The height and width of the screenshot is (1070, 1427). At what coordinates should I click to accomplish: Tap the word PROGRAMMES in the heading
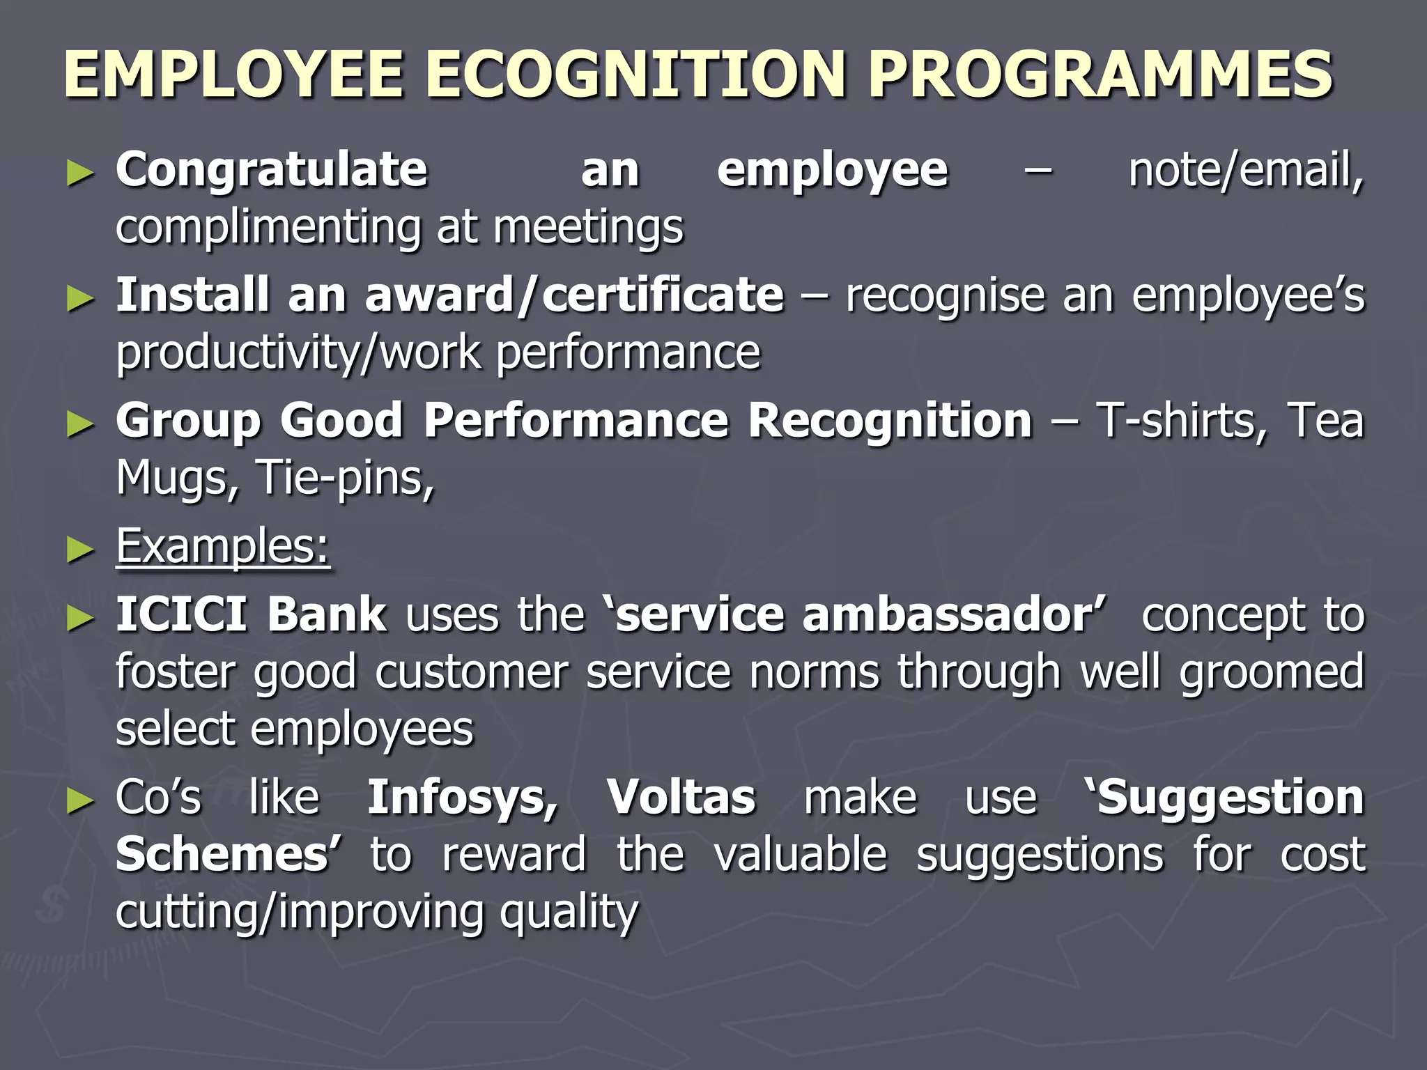point(1100,75)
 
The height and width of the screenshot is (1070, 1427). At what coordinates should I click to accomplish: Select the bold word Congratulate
point(271,171)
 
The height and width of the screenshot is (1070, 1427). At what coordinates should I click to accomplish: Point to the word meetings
point(588,228)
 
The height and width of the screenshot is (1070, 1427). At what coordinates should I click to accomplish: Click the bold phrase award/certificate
point(574,295)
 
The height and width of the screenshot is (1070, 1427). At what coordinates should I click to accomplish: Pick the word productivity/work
point(298,353)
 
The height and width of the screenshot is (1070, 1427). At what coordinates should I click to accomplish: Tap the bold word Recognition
point(889,421)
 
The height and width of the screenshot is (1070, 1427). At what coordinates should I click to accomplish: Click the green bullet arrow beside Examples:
point(80,550)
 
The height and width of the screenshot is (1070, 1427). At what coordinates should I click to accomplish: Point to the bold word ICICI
point(181,615)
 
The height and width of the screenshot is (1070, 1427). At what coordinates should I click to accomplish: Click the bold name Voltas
point(681,798)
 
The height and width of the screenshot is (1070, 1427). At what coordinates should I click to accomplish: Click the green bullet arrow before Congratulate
point(80,173)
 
